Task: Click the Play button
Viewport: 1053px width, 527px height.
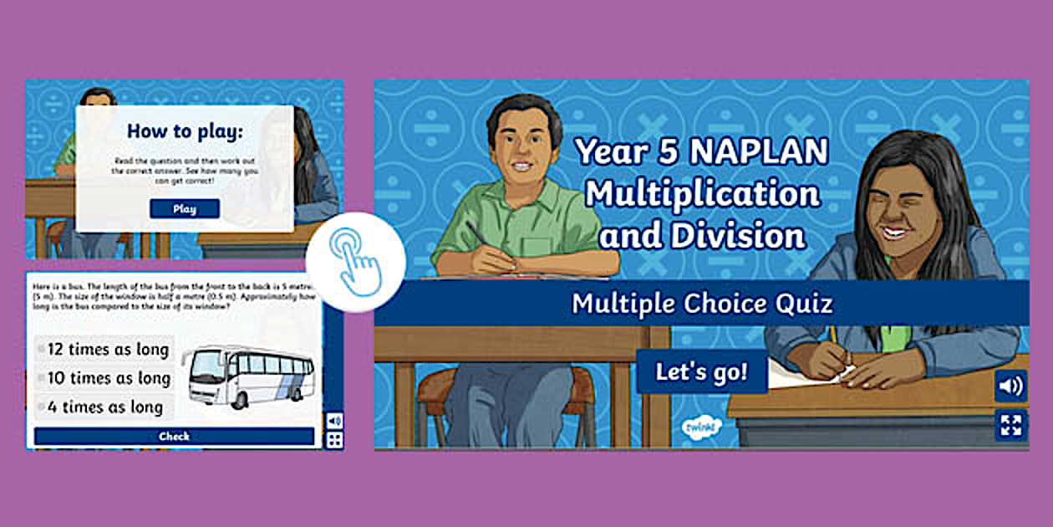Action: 185,209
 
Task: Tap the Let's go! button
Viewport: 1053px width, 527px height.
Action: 701,372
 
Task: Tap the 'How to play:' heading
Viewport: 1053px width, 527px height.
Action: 184,131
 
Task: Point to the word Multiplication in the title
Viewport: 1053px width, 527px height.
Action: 702,194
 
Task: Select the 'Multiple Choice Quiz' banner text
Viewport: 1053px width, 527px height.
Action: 701,303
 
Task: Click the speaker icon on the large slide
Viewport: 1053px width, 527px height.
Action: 1010,386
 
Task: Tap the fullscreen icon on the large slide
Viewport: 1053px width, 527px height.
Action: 1010,424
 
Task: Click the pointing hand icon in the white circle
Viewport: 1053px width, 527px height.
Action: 355,261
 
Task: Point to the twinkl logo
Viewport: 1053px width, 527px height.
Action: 699,427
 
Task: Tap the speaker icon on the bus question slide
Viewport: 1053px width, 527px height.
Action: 334,420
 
